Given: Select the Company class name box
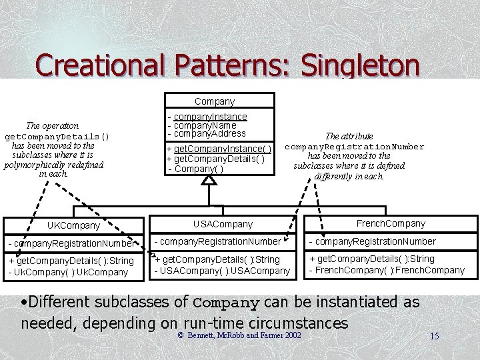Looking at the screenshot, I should click(215, 101).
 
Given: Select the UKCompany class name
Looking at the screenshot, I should click(73, 226).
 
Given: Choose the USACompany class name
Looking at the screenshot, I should click(223, 224).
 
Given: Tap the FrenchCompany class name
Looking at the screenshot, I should click(391, 223).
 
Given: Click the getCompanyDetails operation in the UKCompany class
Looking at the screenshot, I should click(71, 261).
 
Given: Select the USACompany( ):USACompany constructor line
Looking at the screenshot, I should click(222, 270).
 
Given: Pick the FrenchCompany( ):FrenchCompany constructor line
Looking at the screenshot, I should click(387, 270).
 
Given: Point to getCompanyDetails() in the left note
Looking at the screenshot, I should click(57, 136).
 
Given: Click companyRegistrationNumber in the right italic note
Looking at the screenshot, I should click(355, 147).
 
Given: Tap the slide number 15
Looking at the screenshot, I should click(434, 336).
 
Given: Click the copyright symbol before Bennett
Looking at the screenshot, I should click(180, 334).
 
